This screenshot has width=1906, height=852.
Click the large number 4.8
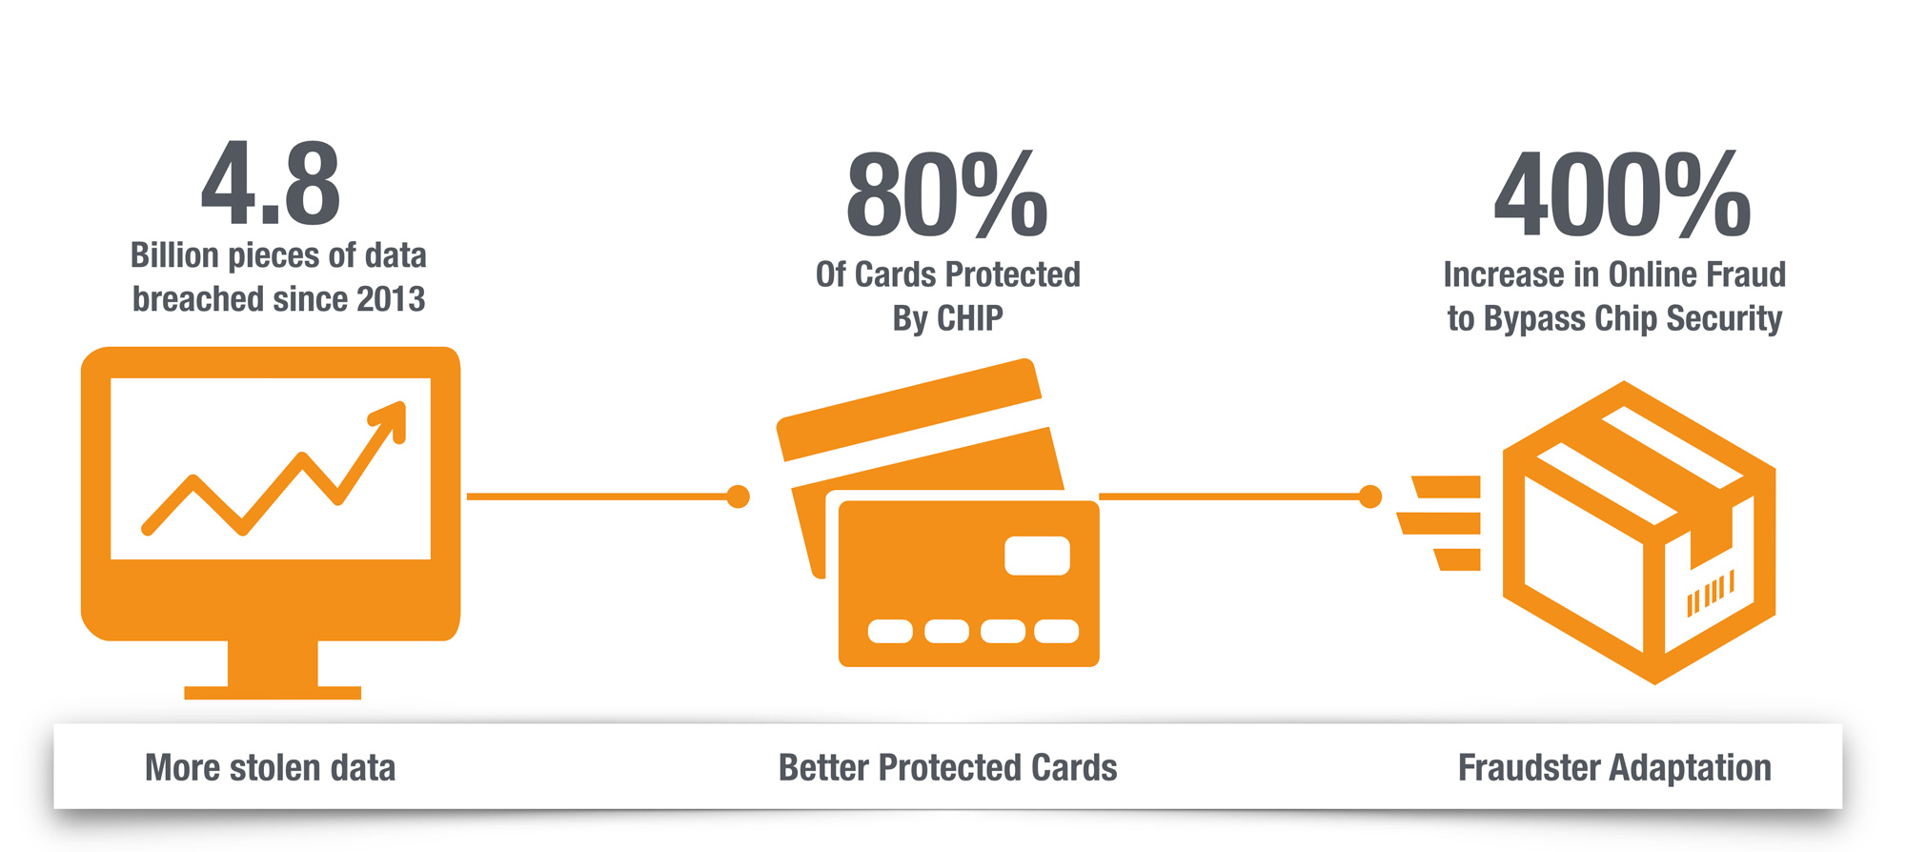pyautogui.click(x=271, y=185)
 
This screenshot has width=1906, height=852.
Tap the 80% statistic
pyautogui.click(x=946, y=195)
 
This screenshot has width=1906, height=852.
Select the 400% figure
pyautogui.click(x=1622, y=195)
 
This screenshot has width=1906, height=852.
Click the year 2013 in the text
pyautogui.click(x=391, y=299)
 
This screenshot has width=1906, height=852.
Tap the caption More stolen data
pyautogui.click(x=270, y=768)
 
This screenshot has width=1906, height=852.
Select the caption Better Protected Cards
pyautogui.click(x=947, y=768)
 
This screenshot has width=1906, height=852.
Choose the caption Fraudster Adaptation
pyautogui.click(x=1614, y=768)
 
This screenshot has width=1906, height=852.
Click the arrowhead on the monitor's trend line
pyautogui.click(x=393, y=417)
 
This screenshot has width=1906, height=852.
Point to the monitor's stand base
pyautogui.click(x=273, y=692)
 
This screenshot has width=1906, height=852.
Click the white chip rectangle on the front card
pyautogui.click(x=1037, y=556)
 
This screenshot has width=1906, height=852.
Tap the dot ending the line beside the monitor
pyautogui.click(x=738, y=497)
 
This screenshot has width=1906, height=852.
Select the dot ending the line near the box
pyautogui.click(x=1370, y=497)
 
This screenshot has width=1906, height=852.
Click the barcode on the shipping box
pyautogui.click(x=1710, y=594)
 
